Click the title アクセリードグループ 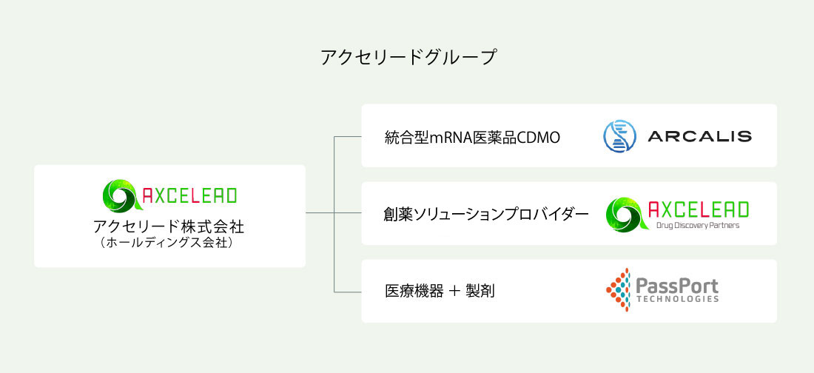coord(408,57)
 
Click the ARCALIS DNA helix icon coord(620,136)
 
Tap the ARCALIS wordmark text coord(699,137)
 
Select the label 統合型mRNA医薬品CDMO coord(472,138)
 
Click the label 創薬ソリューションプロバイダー coord(487,214)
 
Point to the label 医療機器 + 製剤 coord(440,292)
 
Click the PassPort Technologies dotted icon coord(618,290)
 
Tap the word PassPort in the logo coord(677,286)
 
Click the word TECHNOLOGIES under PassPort coord(677,300)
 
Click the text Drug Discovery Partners coord(697,226)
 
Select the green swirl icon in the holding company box coord(121,195)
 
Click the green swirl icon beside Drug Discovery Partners coord(626,214)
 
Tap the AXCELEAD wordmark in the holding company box coord(189,195)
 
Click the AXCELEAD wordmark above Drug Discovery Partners coord(699,209)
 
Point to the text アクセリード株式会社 coord(169,227)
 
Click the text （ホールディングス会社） coord(169,243)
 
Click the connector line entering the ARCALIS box coord(347,137)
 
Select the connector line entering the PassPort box coord(347,292)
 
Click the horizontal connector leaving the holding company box coord(320,213)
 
